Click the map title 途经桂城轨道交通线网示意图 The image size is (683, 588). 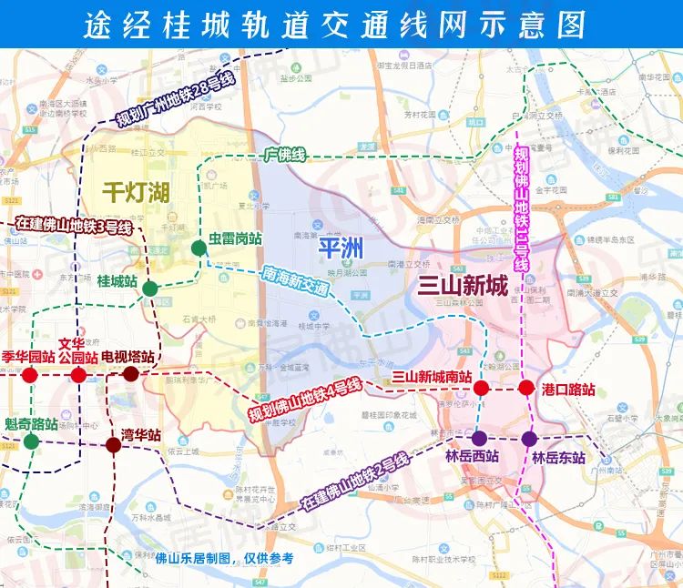coord(341,23)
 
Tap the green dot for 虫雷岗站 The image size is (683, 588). coord(199,248)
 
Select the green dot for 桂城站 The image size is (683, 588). coord(150,289)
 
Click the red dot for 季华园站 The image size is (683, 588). coord(30,374)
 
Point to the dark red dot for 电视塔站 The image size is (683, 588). coord(130,373)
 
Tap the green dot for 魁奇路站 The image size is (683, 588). coord(31,442)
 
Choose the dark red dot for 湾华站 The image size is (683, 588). coord(113,445)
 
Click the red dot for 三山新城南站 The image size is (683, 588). coord(482,389)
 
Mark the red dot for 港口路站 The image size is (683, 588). coord(525,389)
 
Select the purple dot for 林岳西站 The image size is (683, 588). coord(479,438)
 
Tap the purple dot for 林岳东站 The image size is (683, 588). coord(529,438)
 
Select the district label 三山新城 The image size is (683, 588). coord(462,286)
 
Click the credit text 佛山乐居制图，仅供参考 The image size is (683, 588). coord(224,558)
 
